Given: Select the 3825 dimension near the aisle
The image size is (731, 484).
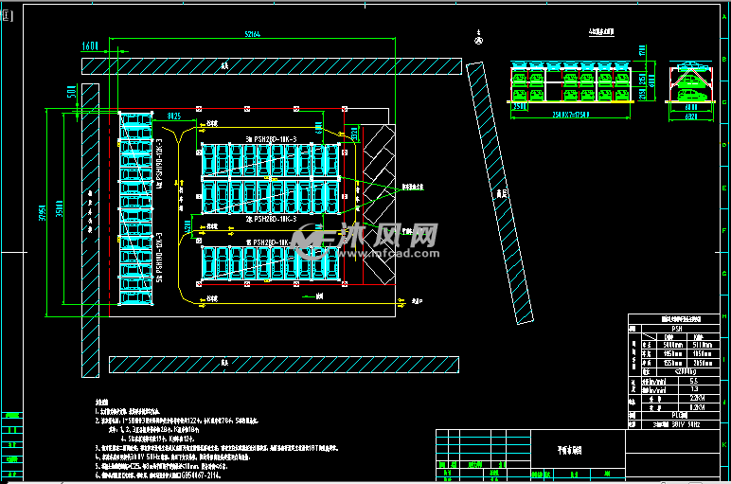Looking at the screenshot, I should point(174,116).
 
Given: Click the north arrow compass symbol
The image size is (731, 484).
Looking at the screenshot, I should point(478,40).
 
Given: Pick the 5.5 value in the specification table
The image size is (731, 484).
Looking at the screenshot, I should point(692,381).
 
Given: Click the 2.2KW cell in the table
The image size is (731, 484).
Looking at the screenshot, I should point(697,398).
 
